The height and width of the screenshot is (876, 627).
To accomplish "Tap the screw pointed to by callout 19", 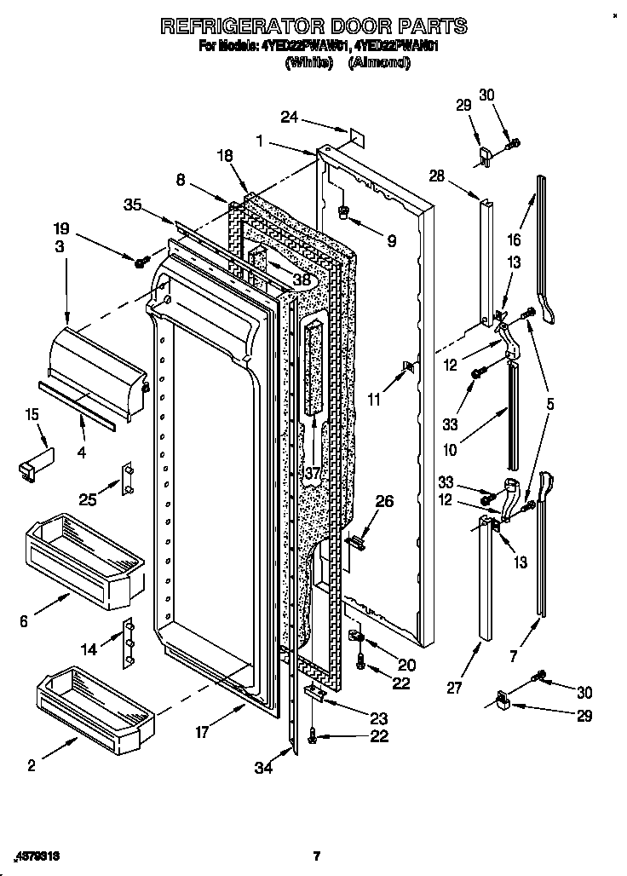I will pyautogui.click(x=141, y=259).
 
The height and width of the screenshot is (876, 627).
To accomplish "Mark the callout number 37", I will pyautogui.click(x=313, y=472).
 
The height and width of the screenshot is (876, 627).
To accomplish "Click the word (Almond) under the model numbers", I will pyautogui.click(x=379, y=64).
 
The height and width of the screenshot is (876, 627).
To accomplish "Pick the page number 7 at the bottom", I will pyautogui.click(x=316, y=856).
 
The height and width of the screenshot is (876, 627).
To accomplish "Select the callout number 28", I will pyautogui.click(x=437, y=176).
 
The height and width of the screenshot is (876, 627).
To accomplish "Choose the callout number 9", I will pyautogui.click(x=391, y=241).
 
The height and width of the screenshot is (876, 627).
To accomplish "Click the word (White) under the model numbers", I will pyautogui.click(x=308, y=64).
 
